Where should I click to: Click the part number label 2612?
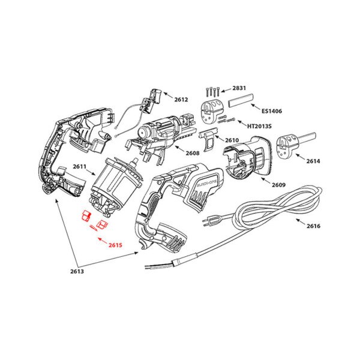[181, 99]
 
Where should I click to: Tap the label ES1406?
[273, 110]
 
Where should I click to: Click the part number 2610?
[232, 140]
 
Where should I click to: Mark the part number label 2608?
[192, 154]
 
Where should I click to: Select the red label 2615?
[116, 245]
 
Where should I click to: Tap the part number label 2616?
[313, 226]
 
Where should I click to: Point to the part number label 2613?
[77, 271]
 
